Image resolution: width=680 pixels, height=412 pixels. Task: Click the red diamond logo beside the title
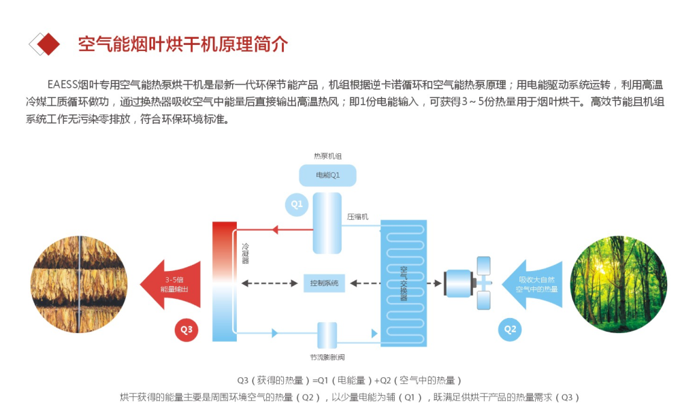click(46, 44)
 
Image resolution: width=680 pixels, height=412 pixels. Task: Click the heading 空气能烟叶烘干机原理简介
click(183, 44)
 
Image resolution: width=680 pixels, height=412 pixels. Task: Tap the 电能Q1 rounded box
click(327, 176)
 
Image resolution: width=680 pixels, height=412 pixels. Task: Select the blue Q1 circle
click(297, 204)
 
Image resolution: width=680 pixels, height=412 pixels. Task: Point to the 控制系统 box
click(324, 283)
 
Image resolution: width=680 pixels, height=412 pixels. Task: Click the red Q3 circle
click(187, 330)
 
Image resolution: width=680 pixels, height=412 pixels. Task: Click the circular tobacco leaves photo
click(80, 283)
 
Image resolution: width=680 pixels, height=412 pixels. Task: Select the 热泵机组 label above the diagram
click(327, 157)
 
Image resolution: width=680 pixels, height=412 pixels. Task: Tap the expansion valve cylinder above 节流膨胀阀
click(327, 335)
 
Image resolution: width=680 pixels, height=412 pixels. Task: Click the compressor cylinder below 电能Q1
click(327, 223)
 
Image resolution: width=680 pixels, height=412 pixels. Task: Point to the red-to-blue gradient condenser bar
click(224, 281)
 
